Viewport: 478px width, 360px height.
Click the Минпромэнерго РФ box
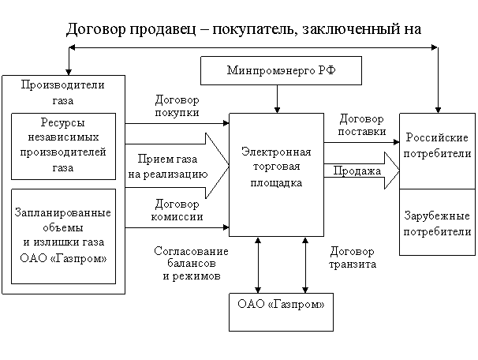click(x=281, y=70)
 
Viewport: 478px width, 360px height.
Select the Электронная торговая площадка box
click(x=276, y=174)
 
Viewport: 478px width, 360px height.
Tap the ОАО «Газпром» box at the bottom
click(x=281, y=312)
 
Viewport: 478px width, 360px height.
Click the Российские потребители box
click(x=437, y=151)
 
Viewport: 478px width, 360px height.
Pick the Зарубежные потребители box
click(x=437, y=222)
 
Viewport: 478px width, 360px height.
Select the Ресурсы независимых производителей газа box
click(x=63, y=146)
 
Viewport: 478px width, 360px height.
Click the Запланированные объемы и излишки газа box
click(x=63, y=236)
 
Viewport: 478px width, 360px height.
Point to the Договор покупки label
click(x=177, y=106)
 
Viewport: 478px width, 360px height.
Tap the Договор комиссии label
click(x=177, y=210)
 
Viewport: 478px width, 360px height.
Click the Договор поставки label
click(x=362, y=125)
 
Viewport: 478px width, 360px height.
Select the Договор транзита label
click(x=353, y=257)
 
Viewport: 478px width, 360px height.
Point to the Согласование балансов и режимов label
click(x=192, y=263)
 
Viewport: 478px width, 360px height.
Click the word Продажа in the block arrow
click(x=357, y=171)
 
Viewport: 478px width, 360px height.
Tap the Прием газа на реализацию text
click(x=168, y=167)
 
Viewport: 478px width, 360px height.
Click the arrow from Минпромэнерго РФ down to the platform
click(x=277, y=99)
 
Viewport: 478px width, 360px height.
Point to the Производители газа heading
click(x=63, y=92)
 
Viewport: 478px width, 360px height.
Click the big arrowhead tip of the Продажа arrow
click(x=399, y=171)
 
